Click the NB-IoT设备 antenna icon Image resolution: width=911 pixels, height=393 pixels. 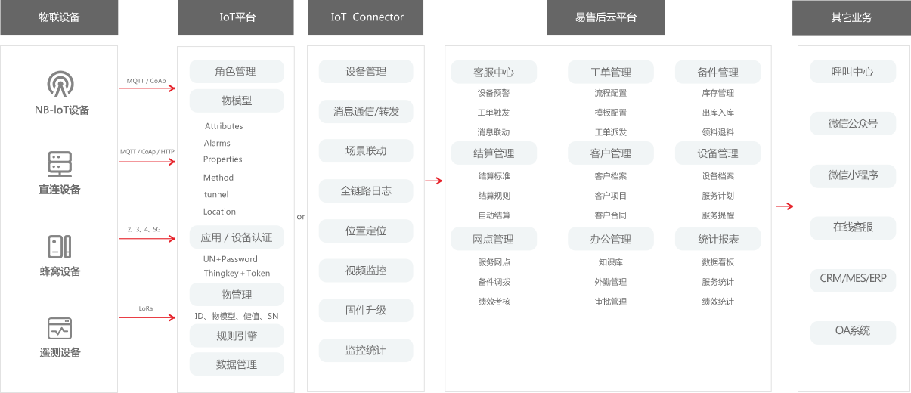pos(60,84)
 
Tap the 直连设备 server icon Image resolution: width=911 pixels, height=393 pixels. pos(60,164)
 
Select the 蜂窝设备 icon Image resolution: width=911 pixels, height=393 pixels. pos(60,246)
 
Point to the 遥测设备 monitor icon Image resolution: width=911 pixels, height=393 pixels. pos(60,328)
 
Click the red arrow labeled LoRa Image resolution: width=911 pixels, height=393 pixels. pos(147,317)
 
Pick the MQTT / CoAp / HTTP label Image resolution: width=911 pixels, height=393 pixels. pos(147,152)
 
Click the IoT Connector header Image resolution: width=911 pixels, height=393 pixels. pos(366,17)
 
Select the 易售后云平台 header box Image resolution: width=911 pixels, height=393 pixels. pos(606,17)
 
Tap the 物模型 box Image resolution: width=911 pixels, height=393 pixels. pos(237,101)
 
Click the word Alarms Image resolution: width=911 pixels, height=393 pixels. pos(217,143)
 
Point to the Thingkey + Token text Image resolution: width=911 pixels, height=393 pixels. pos(237,273)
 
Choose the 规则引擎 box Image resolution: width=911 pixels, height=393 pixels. pos(237,336)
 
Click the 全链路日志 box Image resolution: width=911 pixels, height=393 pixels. pos(366,191)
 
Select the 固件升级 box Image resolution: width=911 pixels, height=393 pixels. pos(366,311)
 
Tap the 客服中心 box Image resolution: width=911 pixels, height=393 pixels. pos(494,73)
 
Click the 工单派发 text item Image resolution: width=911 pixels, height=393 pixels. pos(610,132)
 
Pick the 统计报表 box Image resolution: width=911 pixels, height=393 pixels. pos(717,239)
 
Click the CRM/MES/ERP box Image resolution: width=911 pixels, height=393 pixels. pos(853,279)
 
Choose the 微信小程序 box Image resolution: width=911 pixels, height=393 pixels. pos(853,175)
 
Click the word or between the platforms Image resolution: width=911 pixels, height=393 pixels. pos(301,217)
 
